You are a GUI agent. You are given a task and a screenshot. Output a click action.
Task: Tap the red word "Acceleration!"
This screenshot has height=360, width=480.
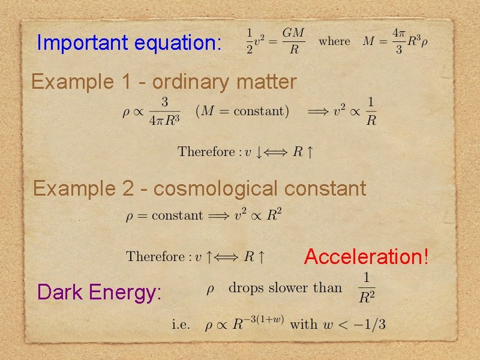point(367,257)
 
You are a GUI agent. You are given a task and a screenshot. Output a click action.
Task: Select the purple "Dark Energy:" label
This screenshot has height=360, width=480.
point(100,292)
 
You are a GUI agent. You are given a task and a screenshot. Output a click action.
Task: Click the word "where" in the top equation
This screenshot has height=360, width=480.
point(334,41)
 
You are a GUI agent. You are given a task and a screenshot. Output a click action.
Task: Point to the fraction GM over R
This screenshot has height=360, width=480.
point(293,41)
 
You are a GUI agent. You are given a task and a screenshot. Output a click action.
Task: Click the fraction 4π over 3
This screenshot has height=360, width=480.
point(398,41)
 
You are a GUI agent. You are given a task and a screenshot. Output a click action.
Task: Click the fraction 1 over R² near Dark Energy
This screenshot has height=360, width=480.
point(366,287)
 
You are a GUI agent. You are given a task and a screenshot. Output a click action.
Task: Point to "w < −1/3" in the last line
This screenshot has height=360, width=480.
point(353,325)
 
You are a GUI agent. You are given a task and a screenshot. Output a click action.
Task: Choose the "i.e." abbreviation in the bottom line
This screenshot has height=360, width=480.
point(181,325)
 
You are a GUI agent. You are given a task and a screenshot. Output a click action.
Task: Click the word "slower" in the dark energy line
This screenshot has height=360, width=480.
point(288,288)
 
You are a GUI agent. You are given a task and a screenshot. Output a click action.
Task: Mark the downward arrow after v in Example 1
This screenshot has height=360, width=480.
point(259,152)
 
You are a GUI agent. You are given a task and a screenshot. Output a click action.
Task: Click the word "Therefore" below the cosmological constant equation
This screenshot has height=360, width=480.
point(155,257)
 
